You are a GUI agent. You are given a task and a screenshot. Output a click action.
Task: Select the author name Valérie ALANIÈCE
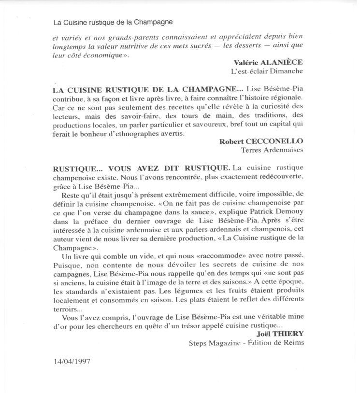275,63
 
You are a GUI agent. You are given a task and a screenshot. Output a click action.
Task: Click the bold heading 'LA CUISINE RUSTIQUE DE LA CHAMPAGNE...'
148,90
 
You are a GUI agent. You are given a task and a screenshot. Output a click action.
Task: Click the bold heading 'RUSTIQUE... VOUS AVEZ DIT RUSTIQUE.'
141,168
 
